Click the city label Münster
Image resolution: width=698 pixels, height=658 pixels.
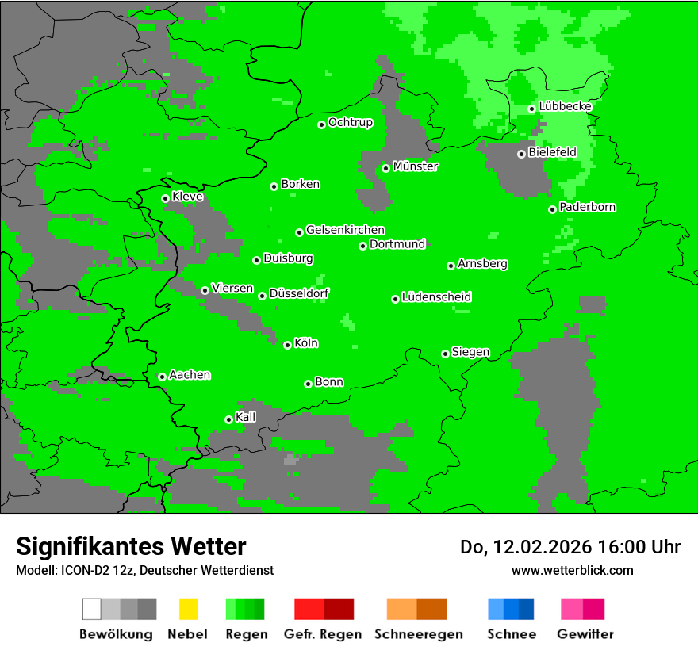416,166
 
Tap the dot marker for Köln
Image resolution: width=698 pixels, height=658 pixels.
287,345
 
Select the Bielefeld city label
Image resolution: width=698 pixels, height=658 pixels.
552,151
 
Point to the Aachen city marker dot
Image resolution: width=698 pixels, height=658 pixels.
162,377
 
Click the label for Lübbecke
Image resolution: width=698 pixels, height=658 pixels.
565,106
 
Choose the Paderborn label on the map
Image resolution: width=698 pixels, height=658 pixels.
587,207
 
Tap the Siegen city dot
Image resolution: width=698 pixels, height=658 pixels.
445,354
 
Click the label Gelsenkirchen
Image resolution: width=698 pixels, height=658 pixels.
345,230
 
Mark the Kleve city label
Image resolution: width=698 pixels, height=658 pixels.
187,196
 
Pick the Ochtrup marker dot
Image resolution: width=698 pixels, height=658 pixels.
321,124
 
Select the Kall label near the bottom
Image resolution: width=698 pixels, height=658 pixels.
246,417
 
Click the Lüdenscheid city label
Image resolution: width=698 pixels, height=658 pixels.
436,297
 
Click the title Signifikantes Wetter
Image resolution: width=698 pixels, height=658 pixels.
131,546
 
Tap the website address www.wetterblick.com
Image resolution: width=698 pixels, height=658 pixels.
572,570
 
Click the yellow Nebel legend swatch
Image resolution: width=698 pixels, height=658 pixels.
188,609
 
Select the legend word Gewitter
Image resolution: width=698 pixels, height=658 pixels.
585,634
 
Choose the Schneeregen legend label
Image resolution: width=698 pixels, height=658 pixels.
418,634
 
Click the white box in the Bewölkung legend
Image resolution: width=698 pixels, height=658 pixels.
92,609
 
